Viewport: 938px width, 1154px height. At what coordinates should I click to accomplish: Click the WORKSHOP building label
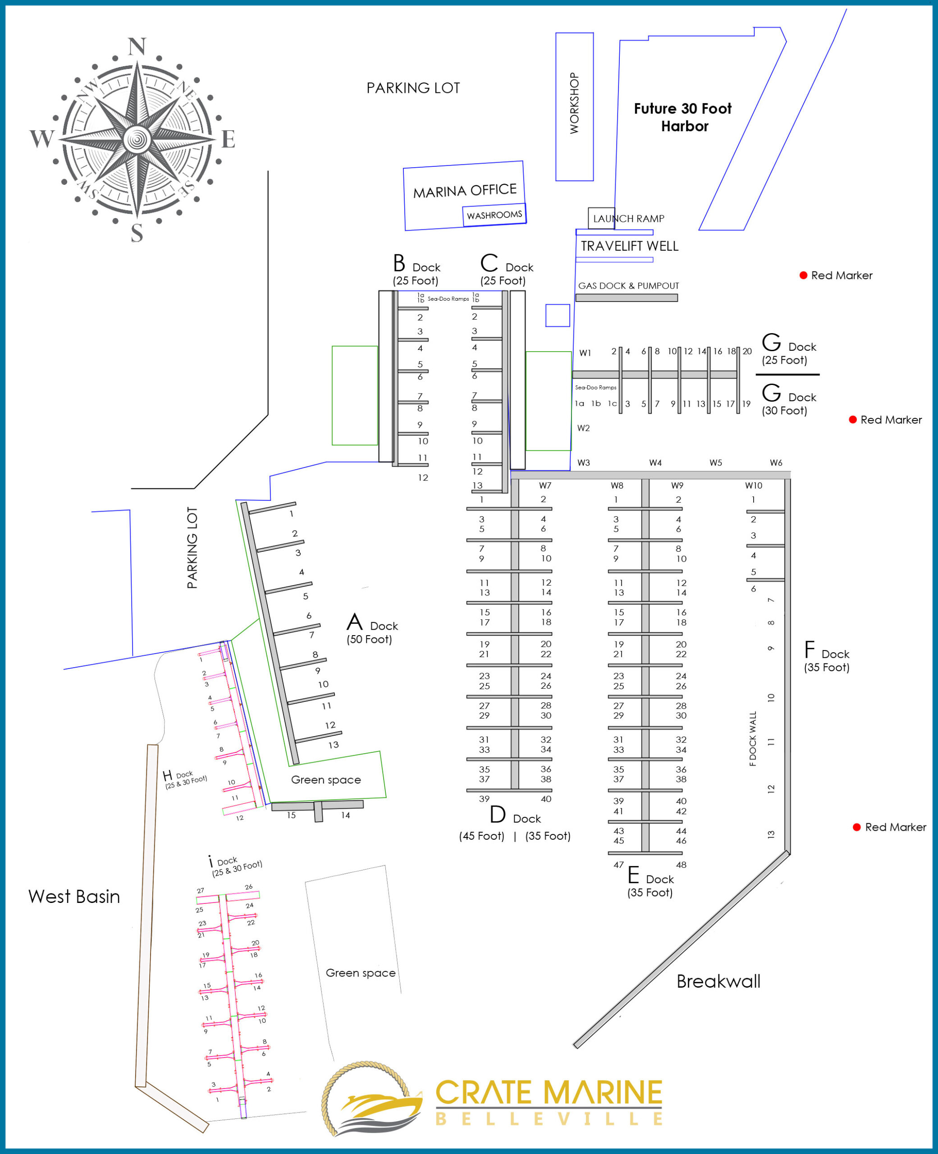coord(574,103)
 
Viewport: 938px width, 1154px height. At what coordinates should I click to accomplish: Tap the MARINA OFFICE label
coord(465,191)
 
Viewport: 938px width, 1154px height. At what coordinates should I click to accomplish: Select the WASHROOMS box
coord(494,215)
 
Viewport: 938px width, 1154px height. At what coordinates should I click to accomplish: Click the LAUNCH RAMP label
coord(628,219)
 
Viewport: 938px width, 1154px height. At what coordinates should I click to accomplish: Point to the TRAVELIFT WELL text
coord(630,247)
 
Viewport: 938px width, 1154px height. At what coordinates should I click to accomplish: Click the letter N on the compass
coord(137,47)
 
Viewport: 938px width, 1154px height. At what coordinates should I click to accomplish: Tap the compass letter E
coord(229,139)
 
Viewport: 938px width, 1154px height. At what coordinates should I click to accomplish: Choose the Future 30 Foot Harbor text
coord(683,117)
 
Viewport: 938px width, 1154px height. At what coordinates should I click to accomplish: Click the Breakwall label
coord(718,980)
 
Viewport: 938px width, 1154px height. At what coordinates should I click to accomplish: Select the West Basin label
coord(74,896)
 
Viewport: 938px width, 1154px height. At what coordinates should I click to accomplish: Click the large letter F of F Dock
coord(809,650)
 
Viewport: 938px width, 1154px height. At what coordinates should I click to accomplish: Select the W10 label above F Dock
coord(753,485)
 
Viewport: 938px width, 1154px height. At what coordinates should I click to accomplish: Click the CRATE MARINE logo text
coord(549,1092)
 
